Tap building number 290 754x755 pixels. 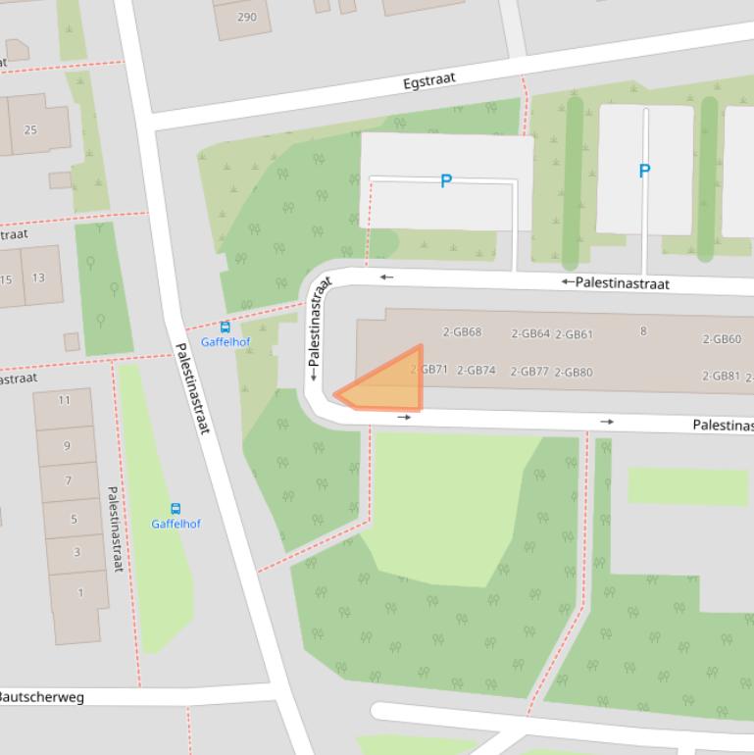click(247, 17)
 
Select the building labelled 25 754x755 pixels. click(30, 129)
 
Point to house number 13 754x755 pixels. click(38, 277)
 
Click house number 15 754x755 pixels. click(7, 278)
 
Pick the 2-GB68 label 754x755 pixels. click(462, 331)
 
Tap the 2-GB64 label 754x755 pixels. click(530, 333)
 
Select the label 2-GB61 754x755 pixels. click(574, 334)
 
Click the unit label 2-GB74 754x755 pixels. click(477, 370)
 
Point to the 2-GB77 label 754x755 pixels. click(530, 371)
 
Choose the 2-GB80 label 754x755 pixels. click(574, 372)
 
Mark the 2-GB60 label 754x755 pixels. click(722, 339)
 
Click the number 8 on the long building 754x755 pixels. click(643, 330)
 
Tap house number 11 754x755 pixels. click(65, 399)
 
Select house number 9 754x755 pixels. click(67, 445)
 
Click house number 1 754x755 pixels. click(80, 591)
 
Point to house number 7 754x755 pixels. click(68, 480)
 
